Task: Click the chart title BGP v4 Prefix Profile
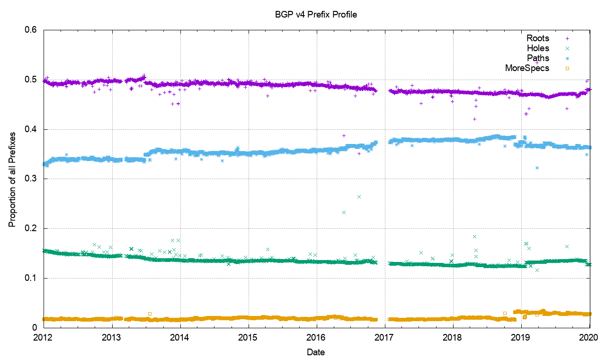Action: tap(316, 14)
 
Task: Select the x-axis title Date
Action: tap(316, 352)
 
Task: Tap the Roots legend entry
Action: tap(538, 38)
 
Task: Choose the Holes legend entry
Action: tap(538, 48)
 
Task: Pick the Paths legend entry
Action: tap(538, 58)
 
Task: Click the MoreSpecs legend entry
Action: tap(527, 68)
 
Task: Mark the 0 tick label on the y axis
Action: tap(36, 327)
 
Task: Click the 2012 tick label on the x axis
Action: tap(44, 337)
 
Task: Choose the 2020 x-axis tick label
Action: tap(589, 337)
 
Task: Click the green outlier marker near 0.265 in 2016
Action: tap(359, 197)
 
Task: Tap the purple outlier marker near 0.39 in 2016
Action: tap(344, 135)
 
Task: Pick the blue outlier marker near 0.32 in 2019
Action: tap(537, 168)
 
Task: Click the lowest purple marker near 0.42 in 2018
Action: tap(474, 119)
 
